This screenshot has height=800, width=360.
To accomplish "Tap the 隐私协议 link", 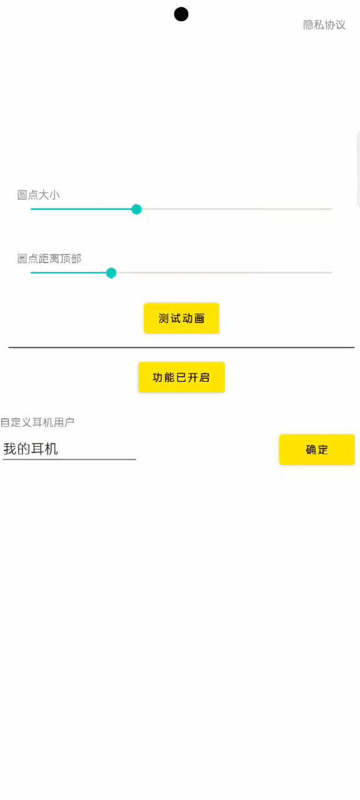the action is [324, 24].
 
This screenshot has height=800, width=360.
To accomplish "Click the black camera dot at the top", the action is [181, 14].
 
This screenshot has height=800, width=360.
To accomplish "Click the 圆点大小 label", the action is [39, 194].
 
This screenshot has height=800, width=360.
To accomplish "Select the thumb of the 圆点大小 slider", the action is [136, 209].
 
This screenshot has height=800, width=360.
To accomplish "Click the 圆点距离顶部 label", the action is [49, 258].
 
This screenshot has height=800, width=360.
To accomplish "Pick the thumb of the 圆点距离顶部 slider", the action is [111, 273].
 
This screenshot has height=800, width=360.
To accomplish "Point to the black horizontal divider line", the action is [181, 347].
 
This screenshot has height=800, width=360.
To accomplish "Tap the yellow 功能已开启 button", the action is [181, 377].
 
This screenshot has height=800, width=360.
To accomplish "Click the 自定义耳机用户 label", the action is [37, 422].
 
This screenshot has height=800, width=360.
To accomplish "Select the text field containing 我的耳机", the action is [69, 449].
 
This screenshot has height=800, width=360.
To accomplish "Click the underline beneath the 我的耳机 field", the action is [69, 459].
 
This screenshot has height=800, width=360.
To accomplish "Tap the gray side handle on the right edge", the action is [358, 169].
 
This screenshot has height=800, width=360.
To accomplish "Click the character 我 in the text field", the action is [10, 449].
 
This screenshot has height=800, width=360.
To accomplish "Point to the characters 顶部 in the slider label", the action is [71, 258].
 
